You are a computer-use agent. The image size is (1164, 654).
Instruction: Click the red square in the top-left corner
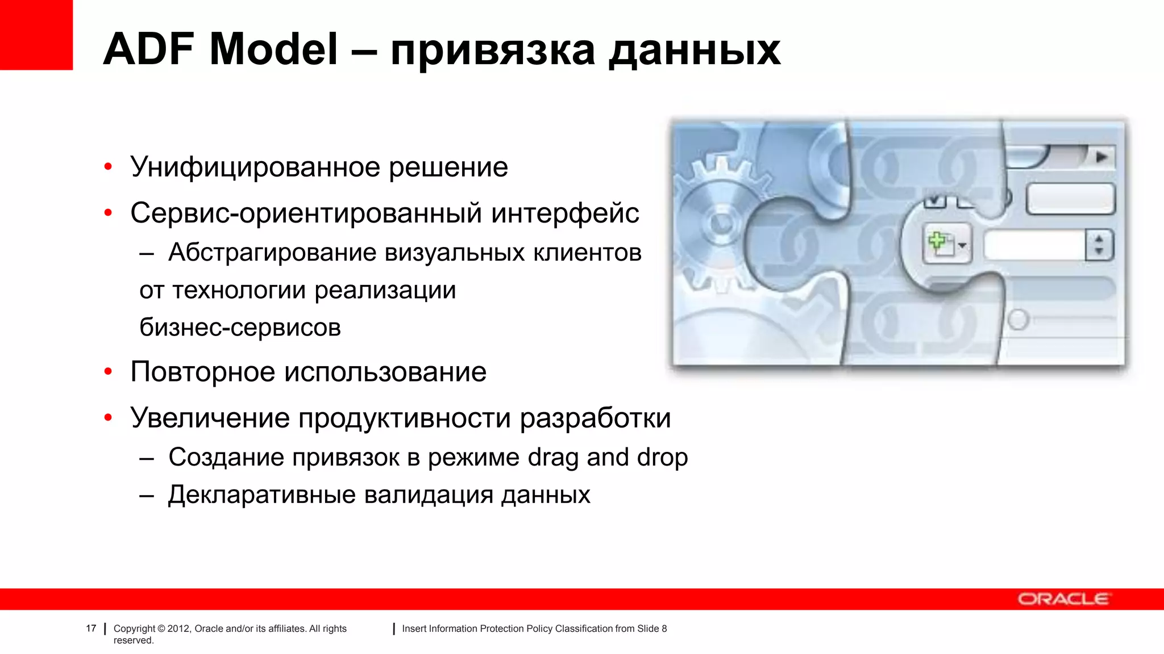point(36,35)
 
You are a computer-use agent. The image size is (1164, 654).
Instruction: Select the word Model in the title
point(274,49)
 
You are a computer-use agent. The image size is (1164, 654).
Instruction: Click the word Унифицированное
point(255,167)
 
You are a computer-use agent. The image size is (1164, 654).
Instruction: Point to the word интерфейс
point(565,213)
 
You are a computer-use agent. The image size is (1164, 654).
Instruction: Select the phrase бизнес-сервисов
point(240,328)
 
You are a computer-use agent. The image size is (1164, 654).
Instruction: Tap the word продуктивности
point(405,418)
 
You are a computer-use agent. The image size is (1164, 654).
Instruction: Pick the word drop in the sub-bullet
point(662,458)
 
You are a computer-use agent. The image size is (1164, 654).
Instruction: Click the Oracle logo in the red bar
point(1063,599)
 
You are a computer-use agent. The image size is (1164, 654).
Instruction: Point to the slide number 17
point(91,628)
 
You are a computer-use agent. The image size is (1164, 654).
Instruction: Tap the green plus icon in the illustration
point(938,243)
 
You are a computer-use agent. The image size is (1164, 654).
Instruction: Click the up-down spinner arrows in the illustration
point(1099,245)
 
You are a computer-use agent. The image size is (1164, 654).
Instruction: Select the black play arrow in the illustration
point(1101,157)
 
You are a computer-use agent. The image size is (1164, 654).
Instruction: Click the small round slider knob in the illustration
point(1018,320)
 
